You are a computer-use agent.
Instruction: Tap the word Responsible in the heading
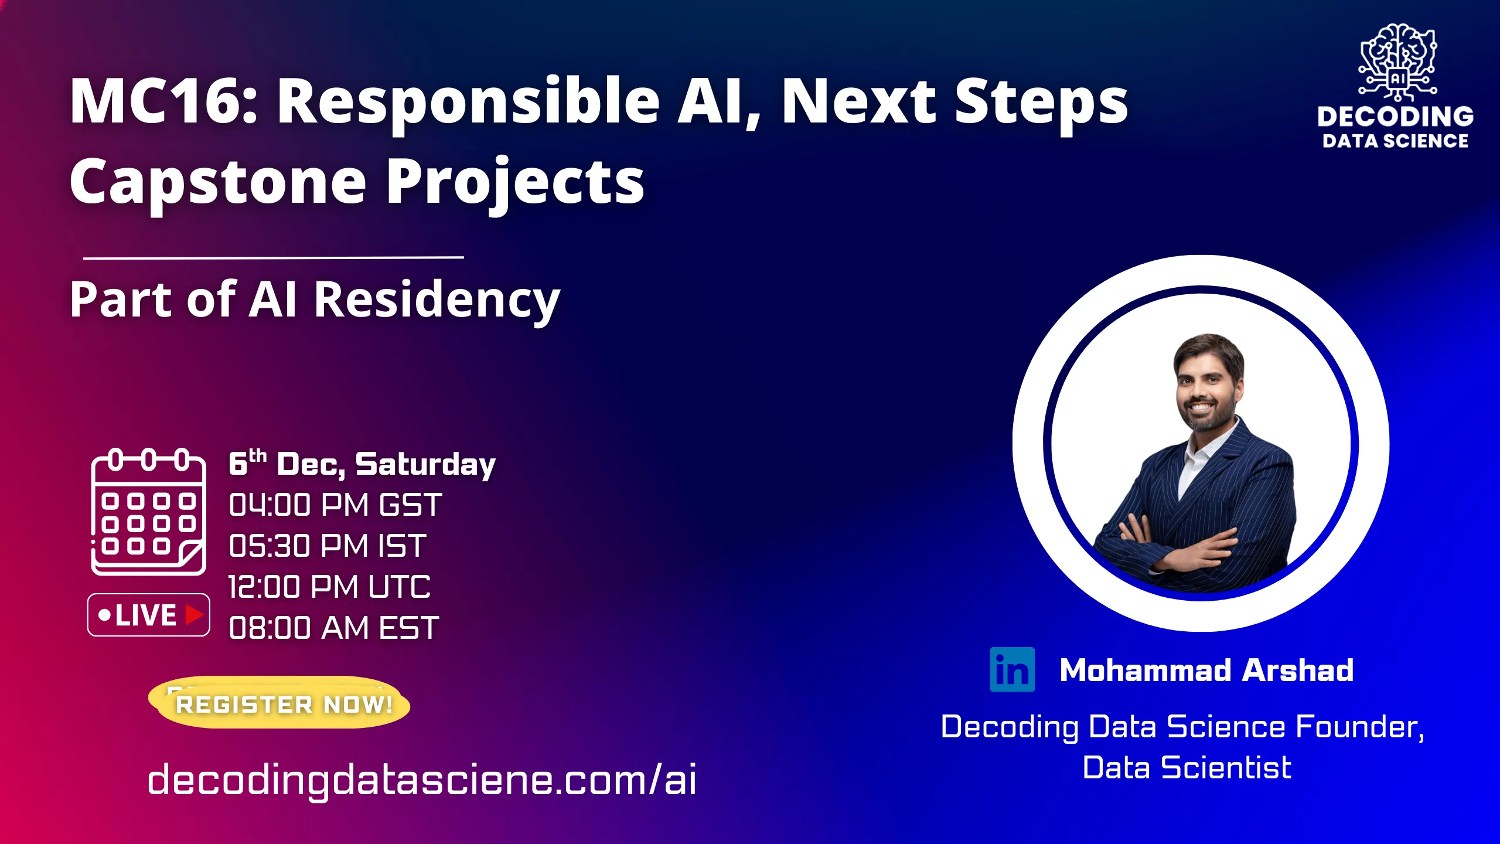click(x=468, y=101)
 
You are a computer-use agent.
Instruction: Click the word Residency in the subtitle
click(x=437, y=300)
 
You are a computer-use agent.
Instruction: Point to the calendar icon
click(x=148, y=512)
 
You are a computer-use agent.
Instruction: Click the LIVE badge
click(x=148, y=615)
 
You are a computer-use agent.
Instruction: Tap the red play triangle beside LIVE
click(x=193, y=615)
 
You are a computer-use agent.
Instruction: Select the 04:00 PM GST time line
click(x=335, y=505)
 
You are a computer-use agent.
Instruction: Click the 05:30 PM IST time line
click(x=327, y=546)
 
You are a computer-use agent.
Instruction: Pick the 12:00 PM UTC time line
click(x=329, y=587)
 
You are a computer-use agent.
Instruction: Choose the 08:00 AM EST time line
click(x=333, y=628)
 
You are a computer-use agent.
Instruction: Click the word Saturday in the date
click(x=425, y=464)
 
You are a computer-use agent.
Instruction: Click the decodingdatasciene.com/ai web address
click(x=422, y=780)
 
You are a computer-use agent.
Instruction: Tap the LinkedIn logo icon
click(x=1012, y=669)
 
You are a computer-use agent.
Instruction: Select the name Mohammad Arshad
click(x=1206, y=670)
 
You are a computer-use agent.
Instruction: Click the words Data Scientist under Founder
click(x=1187, y=768)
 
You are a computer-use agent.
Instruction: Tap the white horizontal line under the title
click(x=274, y=257)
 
